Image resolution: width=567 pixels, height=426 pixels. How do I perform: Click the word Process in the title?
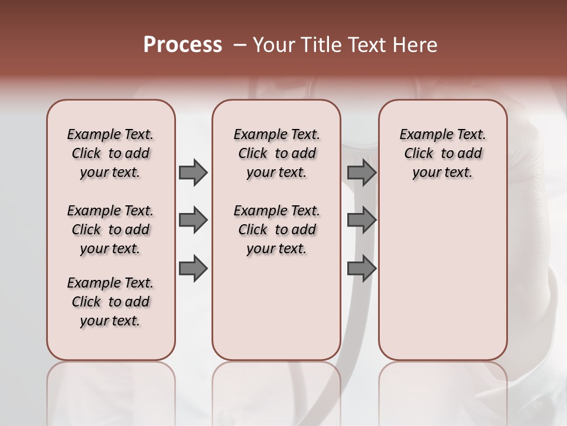(x=183, y=45)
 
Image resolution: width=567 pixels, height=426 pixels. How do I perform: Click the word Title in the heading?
(x=321, y=45)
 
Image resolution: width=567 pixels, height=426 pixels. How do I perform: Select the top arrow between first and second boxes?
(x=193, y=172)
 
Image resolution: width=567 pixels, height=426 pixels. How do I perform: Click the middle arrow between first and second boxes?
(x=193, y=220)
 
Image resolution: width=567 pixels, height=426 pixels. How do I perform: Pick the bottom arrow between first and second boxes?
(x=193, y=268)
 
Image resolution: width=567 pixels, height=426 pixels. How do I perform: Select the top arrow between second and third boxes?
(x=361, y=172)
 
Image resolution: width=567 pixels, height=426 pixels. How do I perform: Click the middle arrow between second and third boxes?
(x=361, y=220)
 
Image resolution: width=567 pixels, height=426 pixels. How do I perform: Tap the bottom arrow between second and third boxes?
(x=361, y=268)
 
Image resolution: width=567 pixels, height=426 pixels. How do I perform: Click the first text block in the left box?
(x=110, y=153)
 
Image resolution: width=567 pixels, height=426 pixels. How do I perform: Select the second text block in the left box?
(x=110, y=230)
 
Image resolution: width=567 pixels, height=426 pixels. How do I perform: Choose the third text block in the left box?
(x=110, y=302)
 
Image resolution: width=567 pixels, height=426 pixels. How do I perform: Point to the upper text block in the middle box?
(x=276, y=153)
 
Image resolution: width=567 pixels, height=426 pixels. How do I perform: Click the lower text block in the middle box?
(x=276, y=230)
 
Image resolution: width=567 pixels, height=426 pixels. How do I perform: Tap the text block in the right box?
(x=443, y=153)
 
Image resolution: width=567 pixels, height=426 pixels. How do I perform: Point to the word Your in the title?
(x=271, y=45)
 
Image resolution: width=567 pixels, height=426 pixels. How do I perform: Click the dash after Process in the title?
(x=238, y=45)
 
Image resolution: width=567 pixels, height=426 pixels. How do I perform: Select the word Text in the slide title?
(x=366, y=45)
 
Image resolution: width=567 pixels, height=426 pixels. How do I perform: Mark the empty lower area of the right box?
(x=443, y=278)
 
